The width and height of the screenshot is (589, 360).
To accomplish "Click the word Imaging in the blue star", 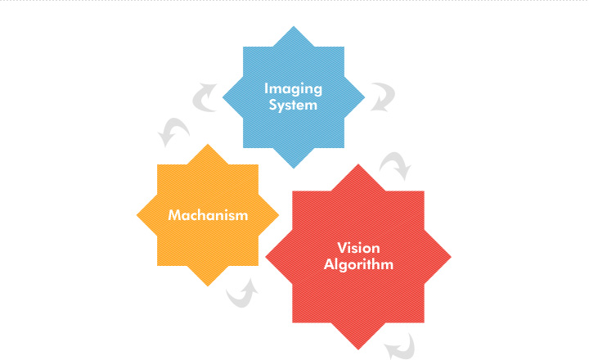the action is point(294,89).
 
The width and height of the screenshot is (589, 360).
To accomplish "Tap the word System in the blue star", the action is point(293,106).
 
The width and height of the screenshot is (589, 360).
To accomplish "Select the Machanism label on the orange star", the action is point(208,215).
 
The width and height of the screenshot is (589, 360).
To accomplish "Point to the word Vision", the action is point(358,248).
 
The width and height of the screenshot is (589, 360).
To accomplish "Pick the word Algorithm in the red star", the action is point(358,264).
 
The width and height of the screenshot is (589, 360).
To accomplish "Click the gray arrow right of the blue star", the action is point(383,97).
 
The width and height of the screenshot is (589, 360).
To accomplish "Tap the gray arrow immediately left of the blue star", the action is point(204,98).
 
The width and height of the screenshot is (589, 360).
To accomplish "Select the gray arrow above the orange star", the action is point(173,132).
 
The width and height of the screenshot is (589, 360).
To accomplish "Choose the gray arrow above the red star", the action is point(395,166).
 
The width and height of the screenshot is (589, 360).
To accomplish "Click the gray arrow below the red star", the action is point(400,346).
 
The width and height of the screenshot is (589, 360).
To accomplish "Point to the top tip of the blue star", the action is point(294,26).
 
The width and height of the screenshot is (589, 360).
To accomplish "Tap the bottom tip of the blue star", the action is point(294,169).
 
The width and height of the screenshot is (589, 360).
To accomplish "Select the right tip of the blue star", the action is point(365,97).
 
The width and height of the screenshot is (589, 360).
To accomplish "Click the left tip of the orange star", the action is point(137,215).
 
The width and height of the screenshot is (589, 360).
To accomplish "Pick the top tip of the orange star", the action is point(208,144).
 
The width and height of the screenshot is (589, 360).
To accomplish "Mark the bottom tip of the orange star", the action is point(208,286).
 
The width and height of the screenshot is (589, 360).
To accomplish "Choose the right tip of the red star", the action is point(451,257).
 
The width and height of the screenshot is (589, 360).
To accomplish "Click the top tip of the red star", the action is point(358,164).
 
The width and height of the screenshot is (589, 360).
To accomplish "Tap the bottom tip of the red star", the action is point(358,350).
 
